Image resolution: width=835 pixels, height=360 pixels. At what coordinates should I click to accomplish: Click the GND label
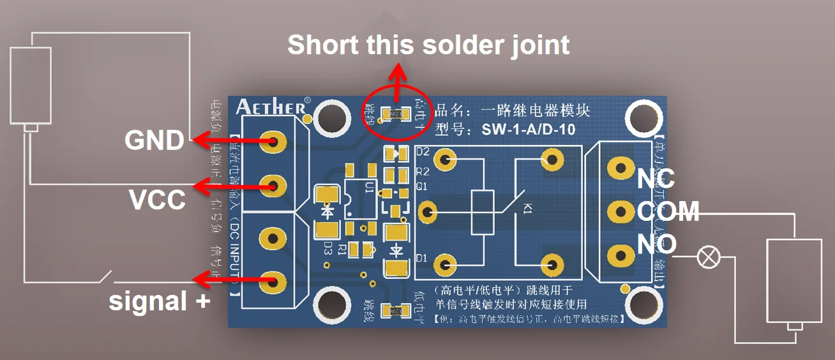(x=154, y=140)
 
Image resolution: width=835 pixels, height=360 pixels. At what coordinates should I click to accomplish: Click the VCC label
(x=157, y=200)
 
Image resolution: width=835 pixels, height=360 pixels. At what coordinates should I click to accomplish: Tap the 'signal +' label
(x=159, y=301)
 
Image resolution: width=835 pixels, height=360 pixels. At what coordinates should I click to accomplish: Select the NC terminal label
(x=656, y=180)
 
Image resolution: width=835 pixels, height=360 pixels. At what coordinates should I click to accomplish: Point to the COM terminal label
(x=668, y=211)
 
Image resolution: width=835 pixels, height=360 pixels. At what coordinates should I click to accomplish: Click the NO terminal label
(x=656, y=243)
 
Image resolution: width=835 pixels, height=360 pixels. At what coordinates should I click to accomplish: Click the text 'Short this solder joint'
(x=428, y=45)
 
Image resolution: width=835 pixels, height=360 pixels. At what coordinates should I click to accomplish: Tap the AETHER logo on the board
(x=271, y=106)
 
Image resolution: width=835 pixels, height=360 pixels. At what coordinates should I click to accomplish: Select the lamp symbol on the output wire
(x=706, y=257)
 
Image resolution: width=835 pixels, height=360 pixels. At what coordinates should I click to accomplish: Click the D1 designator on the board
(x=422, y=259)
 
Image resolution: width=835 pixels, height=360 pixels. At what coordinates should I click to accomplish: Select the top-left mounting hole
(x=330, y=117)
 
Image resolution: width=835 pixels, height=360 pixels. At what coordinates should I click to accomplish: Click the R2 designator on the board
(x=423, y=172)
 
